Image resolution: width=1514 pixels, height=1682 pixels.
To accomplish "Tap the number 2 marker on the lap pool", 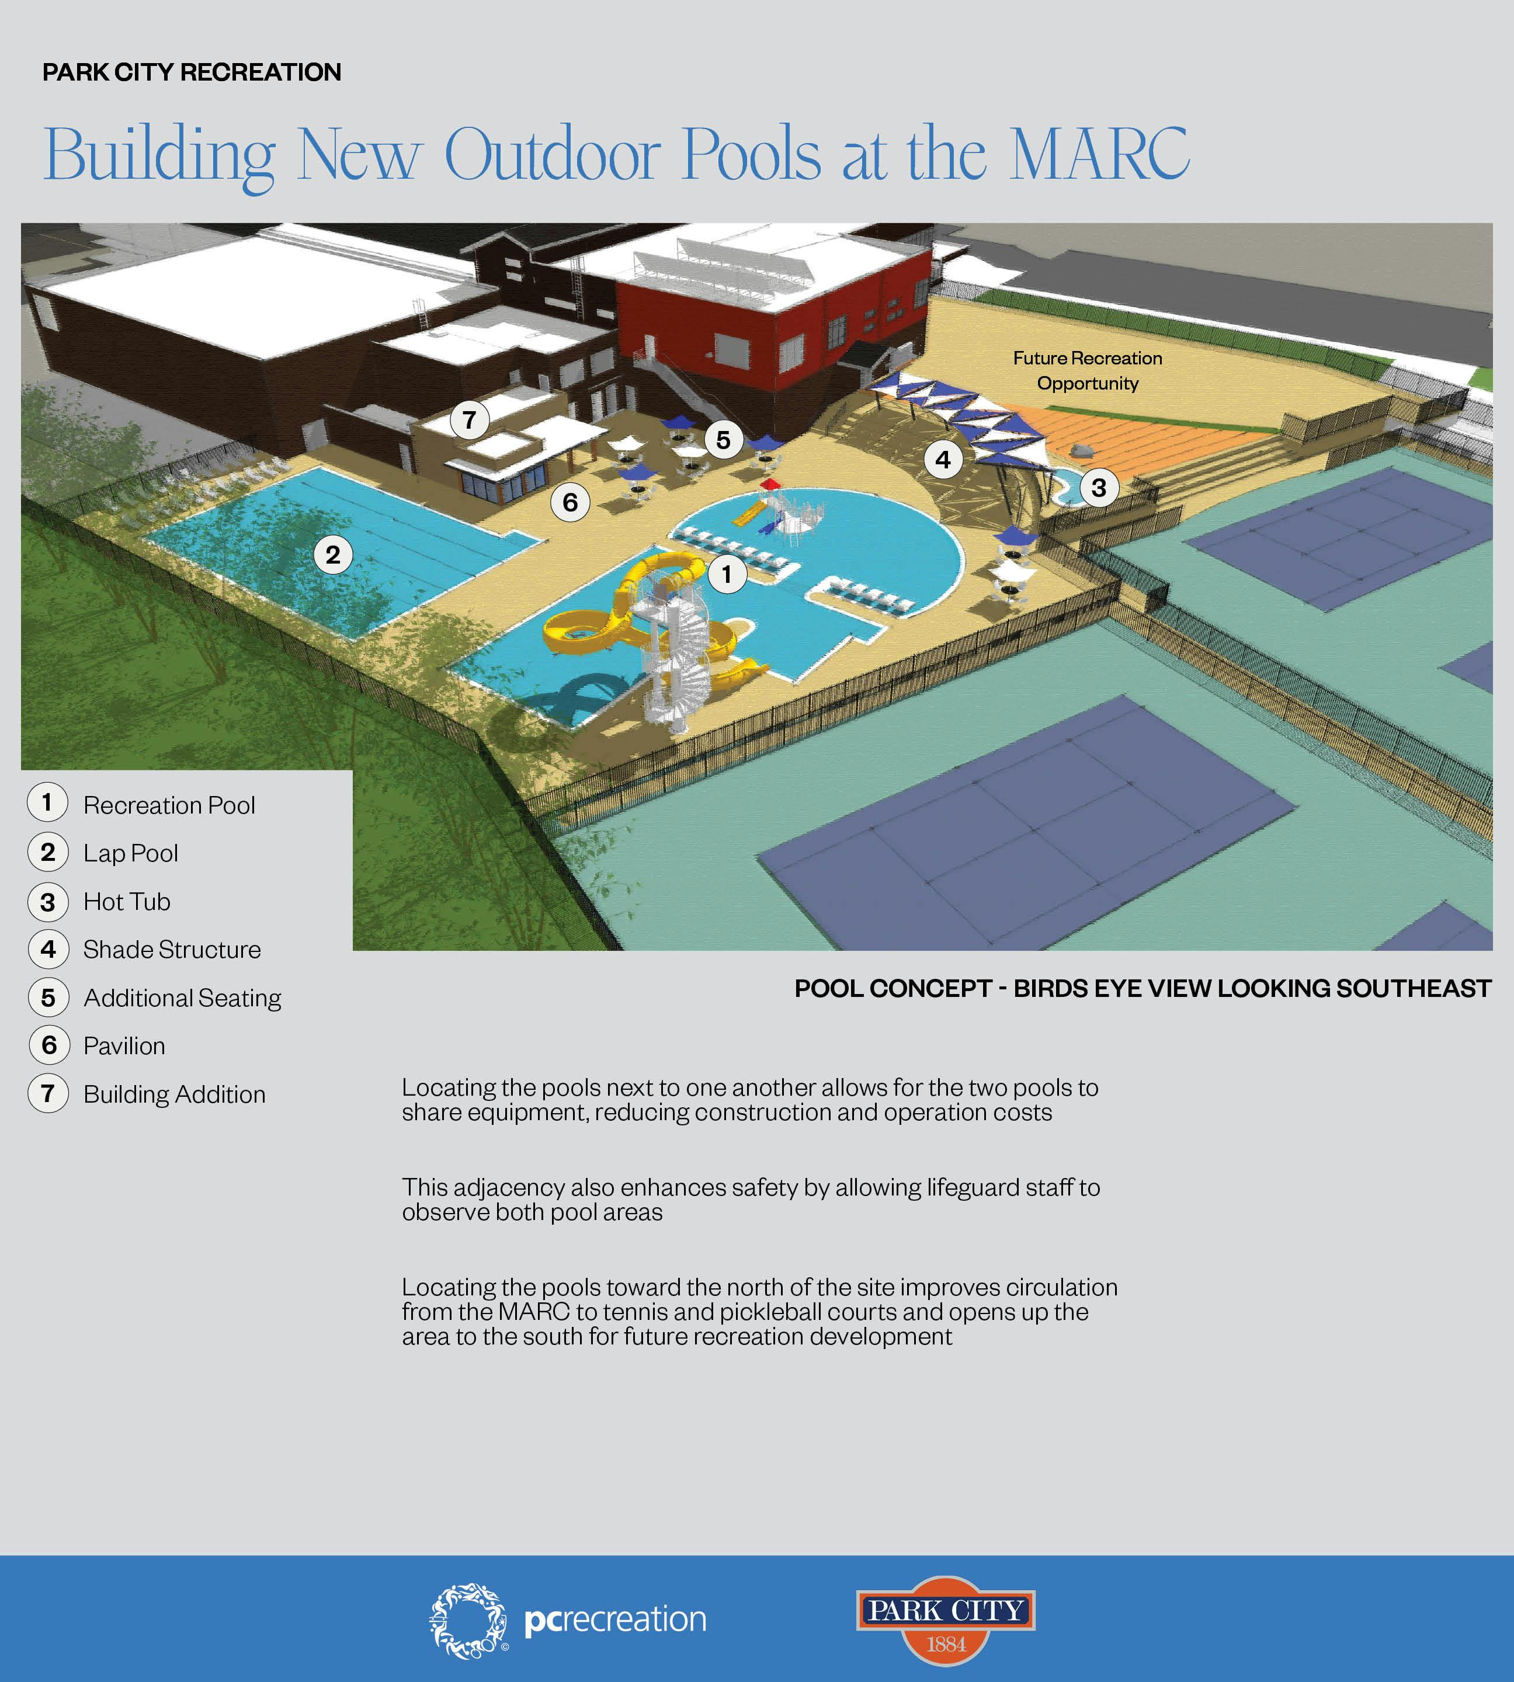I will pos(333,554).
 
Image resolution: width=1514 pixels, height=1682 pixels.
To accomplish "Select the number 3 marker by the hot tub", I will pos(1098,488).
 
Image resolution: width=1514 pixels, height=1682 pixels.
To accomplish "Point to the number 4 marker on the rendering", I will pos(943,459).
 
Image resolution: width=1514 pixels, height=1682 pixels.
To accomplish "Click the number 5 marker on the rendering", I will pos(723,439).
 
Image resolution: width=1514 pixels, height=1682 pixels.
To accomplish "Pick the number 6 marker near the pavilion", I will pos(570,502).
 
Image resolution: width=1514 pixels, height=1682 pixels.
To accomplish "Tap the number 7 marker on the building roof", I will pos(469,419).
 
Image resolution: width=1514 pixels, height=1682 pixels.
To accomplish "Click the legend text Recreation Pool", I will pos(169,805).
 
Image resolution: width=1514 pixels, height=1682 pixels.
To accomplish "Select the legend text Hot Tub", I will pos(126,902).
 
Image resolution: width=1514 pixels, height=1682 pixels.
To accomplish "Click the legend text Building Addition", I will pos(174,1094).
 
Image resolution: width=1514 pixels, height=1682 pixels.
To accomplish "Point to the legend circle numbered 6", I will pos(49,1045).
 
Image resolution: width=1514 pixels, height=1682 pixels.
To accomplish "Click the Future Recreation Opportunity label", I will pos(1087,370).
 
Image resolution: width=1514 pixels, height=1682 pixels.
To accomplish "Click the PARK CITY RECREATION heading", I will pos(192,72).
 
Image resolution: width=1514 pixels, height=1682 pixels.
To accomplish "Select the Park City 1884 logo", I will pos(946,1620).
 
